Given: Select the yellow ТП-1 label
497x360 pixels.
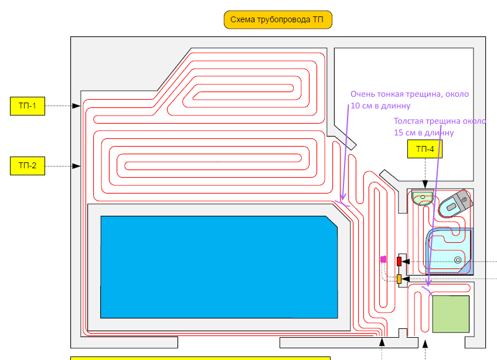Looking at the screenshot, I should coord(28,106).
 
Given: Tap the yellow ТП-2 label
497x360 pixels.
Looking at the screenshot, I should coord(28,166).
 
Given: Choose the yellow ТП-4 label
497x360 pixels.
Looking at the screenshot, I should coord(425,150).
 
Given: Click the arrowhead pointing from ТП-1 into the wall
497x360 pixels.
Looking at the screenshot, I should coord(77,106).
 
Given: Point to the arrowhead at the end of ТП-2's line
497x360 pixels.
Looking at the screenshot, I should coord(77,166).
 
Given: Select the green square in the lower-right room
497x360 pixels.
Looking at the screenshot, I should coord(451,314).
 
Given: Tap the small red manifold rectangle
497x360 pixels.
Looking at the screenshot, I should coord(399,261).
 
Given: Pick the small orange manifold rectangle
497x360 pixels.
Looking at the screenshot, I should coord(399,279).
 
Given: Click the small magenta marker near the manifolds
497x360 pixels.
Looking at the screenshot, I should coord(383,259).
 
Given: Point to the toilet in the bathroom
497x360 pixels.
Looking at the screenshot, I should coord(457,203).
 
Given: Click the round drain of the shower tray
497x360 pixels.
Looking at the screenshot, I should coord(458,260).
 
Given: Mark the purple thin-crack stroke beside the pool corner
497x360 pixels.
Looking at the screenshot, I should coord(342,203).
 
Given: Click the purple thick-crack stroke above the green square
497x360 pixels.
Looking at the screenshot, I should coord(427,289).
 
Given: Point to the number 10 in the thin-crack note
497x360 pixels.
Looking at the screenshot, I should coord(356,106).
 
